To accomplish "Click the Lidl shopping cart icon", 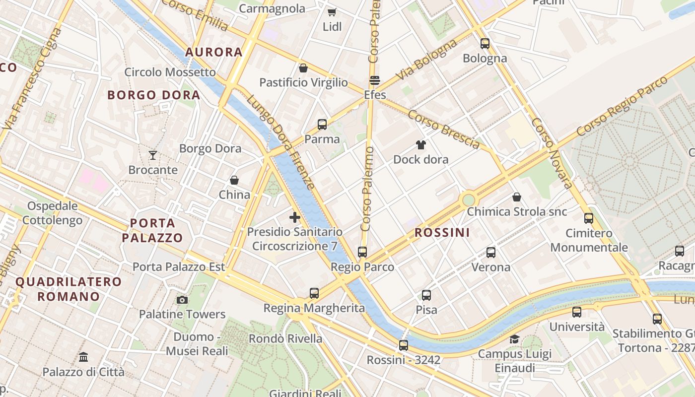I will point(332,12).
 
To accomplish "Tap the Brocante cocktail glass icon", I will point(153,155).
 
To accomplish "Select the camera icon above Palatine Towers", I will point(182,300).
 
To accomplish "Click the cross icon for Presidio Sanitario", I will point(295,217).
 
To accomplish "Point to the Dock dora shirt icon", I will point(421,145).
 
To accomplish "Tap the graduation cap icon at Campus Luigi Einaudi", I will point(514,339).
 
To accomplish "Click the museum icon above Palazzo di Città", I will point(83,357).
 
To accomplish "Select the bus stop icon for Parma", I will point(322,125).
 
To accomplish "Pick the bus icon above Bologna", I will point(485,44).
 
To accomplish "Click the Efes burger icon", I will point(375,80).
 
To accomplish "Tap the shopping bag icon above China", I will point(234,180).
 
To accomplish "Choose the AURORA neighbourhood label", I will point(214,52).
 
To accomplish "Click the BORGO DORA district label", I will point(154,95).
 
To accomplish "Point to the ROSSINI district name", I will point(442,232).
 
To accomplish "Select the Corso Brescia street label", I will point(444,129).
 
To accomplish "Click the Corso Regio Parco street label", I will point(623,106).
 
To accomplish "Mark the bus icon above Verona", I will point(491,253).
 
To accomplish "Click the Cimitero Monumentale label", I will point(589,240).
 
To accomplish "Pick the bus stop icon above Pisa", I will point(426,295).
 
